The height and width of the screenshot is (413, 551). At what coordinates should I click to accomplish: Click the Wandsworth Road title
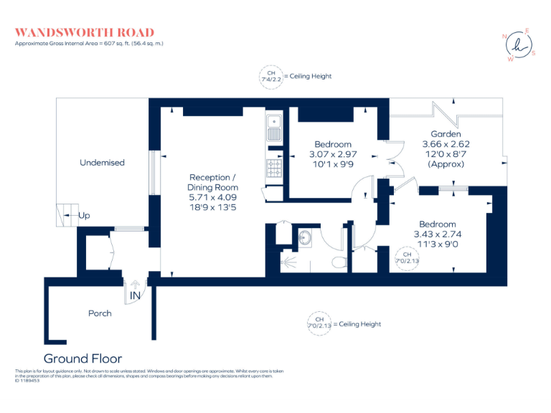[85, 32]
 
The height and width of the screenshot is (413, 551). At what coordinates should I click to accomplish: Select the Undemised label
[102, 163]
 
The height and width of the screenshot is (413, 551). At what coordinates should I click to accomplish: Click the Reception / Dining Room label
[210, 182]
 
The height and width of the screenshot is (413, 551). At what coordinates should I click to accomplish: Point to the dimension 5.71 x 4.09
[210, 198]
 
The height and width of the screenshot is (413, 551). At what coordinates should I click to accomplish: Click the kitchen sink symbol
[273, 129]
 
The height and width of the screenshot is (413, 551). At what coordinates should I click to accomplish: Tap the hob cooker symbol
[273, 168]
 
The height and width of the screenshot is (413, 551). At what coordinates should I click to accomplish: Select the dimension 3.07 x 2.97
[332, 154]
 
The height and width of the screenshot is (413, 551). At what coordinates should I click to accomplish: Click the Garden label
[446, 134]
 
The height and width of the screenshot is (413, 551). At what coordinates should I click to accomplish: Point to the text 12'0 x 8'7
[446, 154]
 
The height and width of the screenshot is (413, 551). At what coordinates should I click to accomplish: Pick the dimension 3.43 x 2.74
[437, 234]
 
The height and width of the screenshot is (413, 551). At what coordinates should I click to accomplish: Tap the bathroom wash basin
[304, 237]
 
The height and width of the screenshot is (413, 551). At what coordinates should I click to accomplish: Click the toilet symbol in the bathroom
[339, 260]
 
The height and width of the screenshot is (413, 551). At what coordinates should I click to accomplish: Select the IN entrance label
[135, 295]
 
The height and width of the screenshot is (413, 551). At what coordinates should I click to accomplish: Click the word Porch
[100, 313]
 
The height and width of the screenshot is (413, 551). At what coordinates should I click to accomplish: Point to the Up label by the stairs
[85, 215]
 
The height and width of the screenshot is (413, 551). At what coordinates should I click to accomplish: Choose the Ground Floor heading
[83, 359]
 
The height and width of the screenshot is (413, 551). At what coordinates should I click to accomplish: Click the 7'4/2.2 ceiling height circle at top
[271, 77]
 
